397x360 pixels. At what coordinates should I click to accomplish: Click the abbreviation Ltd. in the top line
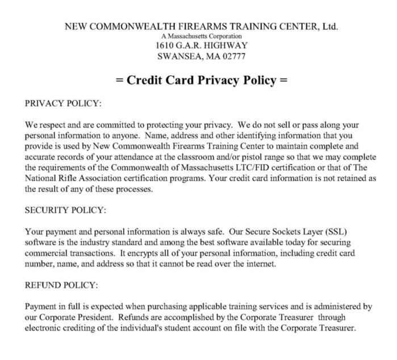point(330,26)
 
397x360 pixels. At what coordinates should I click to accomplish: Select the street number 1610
point(167,45)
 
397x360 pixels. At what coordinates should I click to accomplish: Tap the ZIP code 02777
point(234,56)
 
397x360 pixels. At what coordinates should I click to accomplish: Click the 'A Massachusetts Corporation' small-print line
point(202,36)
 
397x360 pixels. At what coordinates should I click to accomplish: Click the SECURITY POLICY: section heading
point(65,210)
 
